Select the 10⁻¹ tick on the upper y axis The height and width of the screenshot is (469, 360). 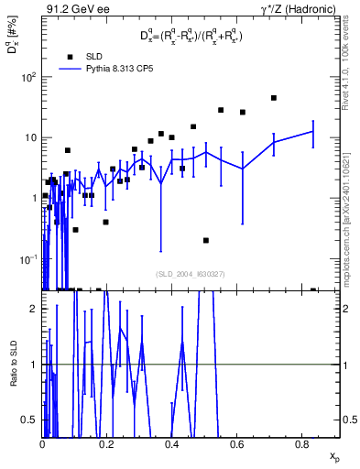click(x=29, y=257)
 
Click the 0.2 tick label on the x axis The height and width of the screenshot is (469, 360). click(x=106, y=443)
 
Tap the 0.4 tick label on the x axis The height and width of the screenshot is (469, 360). click(x=171, y=443)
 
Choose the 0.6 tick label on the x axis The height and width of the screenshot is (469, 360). click(x=236, y=443)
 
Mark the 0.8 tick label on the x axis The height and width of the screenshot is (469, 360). click(x=301, y=443)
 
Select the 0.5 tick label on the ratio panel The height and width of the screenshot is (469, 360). click(x=31, y=420)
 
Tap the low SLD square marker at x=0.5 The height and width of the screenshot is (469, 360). click(x=206, y=240)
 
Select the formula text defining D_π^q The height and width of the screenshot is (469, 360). click(x=191, y=38)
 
